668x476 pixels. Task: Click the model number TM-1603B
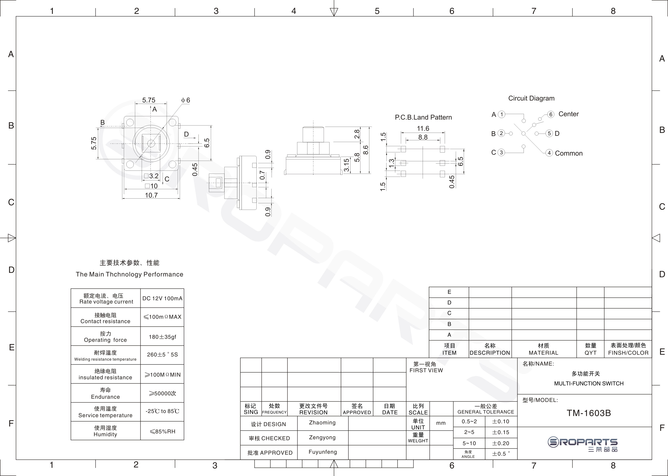[x=589, y=413]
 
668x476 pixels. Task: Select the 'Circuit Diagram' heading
[x=531, y=98]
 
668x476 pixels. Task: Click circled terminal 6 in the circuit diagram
[x=551, y=114]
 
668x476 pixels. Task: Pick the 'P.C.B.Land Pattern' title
[x=423, y=117]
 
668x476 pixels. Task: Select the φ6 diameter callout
[x=186, y=100]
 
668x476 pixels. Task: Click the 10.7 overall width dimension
[x=151, y=195]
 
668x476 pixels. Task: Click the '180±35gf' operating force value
[x=162, y=337]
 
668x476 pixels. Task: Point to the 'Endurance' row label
[x=105, y=397]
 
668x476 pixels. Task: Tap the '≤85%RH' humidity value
[x=162, y=431]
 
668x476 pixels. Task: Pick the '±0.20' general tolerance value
[x=501, y=443]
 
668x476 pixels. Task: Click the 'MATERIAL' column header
[x=543, y=353]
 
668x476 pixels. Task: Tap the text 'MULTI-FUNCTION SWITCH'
[x=589, y=383]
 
